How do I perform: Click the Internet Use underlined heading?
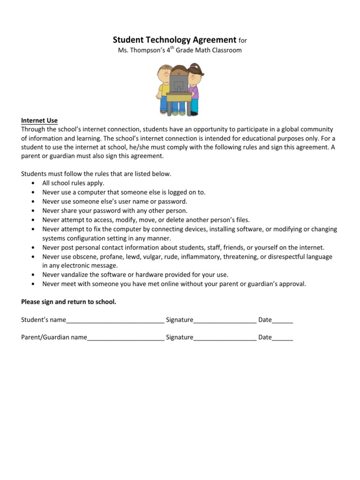[39, 120]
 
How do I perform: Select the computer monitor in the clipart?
[179, 85]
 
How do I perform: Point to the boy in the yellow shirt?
[164, 89]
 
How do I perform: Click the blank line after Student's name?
[115, 320]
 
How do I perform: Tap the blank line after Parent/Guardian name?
[125, 337]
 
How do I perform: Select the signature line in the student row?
[225, 320]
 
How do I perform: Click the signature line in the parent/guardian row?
[225, 337]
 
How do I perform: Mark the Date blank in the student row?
[282, 320]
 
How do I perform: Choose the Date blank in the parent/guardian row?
[282, 337]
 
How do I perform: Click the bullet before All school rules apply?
[32, 183]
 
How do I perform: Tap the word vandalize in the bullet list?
[75, 275]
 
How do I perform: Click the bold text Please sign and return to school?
[68, 302]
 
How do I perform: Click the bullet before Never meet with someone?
[32, 284]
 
